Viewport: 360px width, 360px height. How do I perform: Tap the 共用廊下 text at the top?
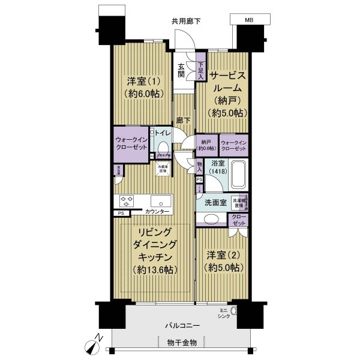click(x=186, y=21)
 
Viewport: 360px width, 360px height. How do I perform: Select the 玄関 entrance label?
click(x=181, y=70)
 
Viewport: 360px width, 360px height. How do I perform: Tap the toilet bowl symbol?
click(x=163, y=146)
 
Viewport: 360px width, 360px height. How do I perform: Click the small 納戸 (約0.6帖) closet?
click(x=206, y=145)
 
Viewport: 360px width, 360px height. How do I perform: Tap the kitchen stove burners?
click(x=126, y=201)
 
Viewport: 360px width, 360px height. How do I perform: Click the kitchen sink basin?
click(x=161, y=201)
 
